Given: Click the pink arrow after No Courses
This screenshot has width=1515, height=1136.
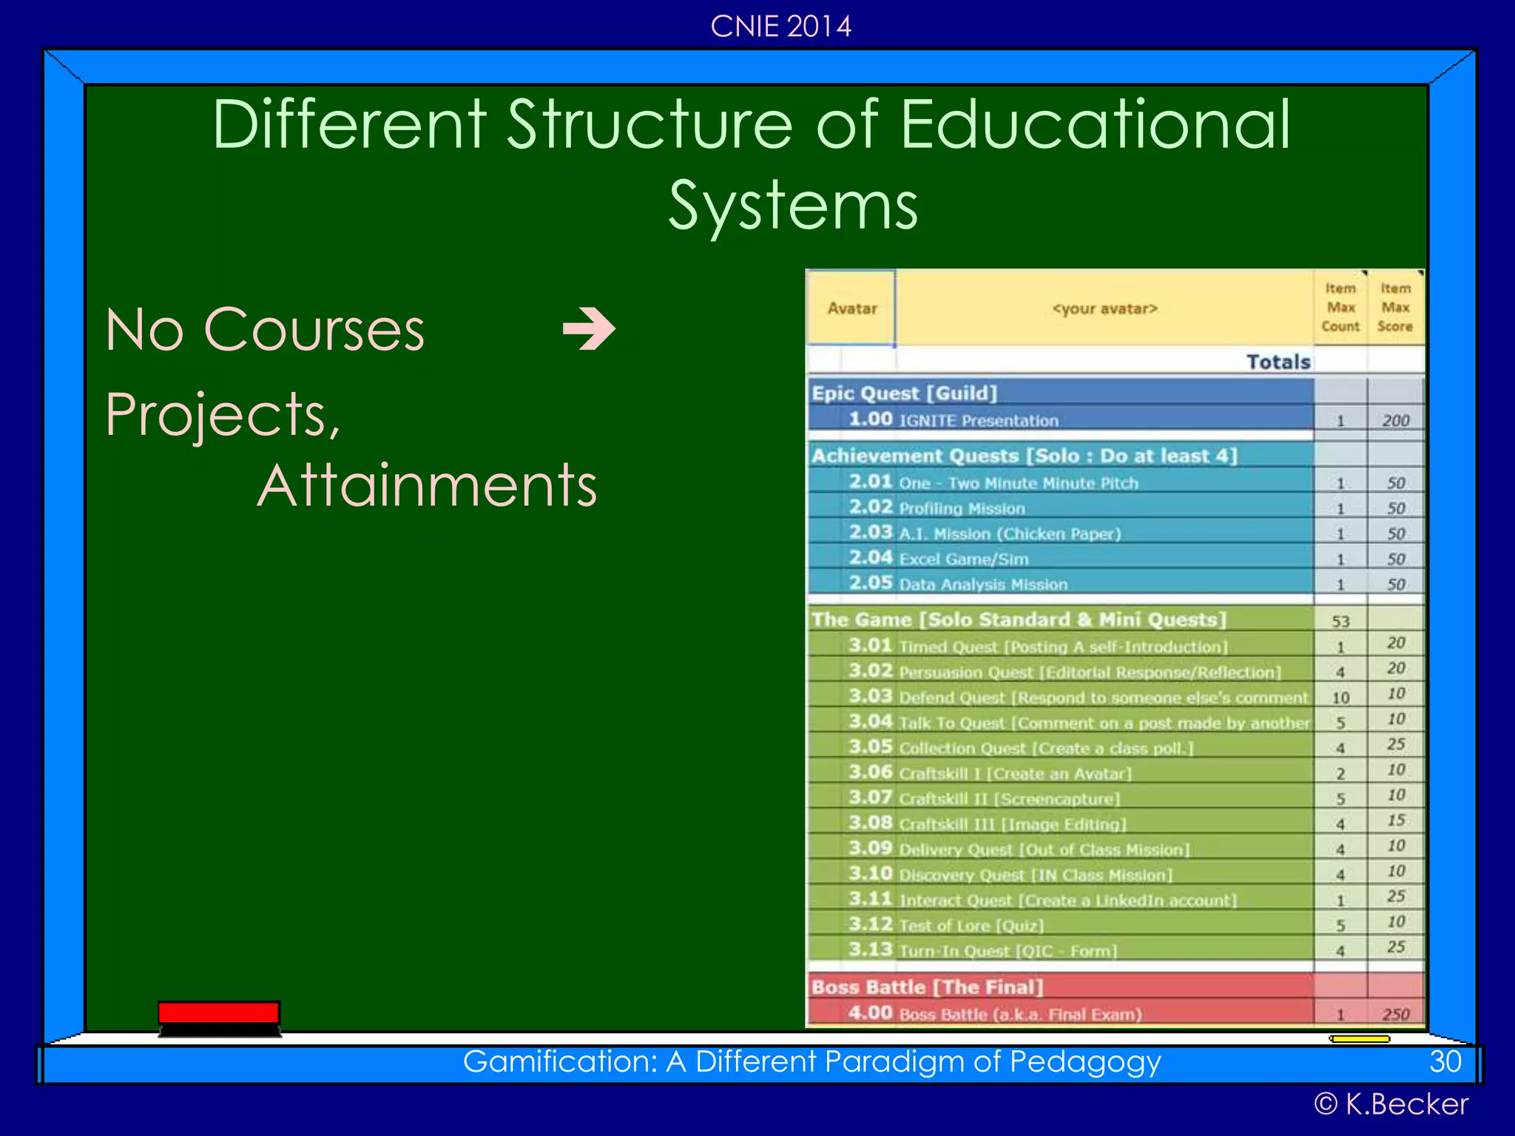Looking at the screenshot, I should coord(589,330).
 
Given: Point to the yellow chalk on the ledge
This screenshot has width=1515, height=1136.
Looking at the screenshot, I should coord(1360,1039).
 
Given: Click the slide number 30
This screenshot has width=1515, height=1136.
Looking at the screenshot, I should coord(1445,1062).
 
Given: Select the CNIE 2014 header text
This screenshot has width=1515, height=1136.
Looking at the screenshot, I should coord(780,27).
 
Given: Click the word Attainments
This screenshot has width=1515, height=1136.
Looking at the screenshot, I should coord(427,486).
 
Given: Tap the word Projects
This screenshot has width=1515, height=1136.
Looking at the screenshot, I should coord(222,414).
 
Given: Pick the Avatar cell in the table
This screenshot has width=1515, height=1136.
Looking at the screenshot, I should coord(851,308).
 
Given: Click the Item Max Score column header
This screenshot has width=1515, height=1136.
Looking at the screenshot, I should coord(1395,308).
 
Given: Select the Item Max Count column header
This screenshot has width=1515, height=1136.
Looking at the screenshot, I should coord(1340,308).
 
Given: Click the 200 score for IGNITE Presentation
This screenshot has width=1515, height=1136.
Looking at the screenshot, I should coord(1395,421).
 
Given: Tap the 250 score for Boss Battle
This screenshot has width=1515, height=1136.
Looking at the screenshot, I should coord(1395,1014).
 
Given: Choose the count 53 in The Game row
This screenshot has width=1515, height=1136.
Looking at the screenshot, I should coord(1340,621).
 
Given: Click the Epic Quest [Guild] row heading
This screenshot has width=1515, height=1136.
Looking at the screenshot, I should coord(905,393).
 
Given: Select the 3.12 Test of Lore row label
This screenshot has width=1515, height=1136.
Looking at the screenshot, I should coord(946,925).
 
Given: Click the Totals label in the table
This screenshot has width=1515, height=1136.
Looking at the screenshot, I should coord(1278,362).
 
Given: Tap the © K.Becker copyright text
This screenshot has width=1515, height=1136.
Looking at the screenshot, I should coord(1391,1104).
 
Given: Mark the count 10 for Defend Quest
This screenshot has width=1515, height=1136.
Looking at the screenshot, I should coord(1340,697).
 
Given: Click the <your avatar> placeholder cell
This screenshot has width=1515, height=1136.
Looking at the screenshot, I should coord(1104,308).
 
